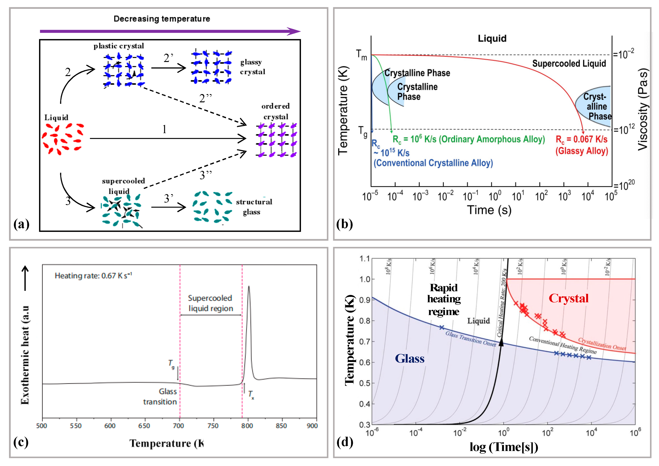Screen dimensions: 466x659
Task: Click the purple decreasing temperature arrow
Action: tap(169, 31)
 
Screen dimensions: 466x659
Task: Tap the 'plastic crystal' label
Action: tap(119, 46)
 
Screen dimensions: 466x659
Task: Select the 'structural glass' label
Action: tap(254, 207)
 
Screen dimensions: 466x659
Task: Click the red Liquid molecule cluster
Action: tap(63, 139)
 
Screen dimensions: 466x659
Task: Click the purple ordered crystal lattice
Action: tap(276, 140)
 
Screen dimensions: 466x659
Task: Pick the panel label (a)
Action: tap(21, 224)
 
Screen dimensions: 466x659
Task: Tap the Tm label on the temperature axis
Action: tap(361, 55)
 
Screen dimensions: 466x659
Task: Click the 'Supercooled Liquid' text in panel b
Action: tap(569, 63)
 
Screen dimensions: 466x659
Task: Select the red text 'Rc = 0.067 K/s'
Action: tap(581, 139)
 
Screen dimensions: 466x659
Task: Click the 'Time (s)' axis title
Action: tap(489, 210)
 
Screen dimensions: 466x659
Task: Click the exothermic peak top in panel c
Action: tap(248, 286)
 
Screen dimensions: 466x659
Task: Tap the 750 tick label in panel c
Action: tap(212, 426)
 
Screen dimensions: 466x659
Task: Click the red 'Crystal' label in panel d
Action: tap(568, 298)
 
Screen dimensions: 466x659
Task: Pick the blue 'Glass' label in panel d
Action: tap(410, 359)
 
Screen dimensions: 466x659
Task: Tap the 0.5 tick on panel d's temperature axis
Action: tap(365, 383)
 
